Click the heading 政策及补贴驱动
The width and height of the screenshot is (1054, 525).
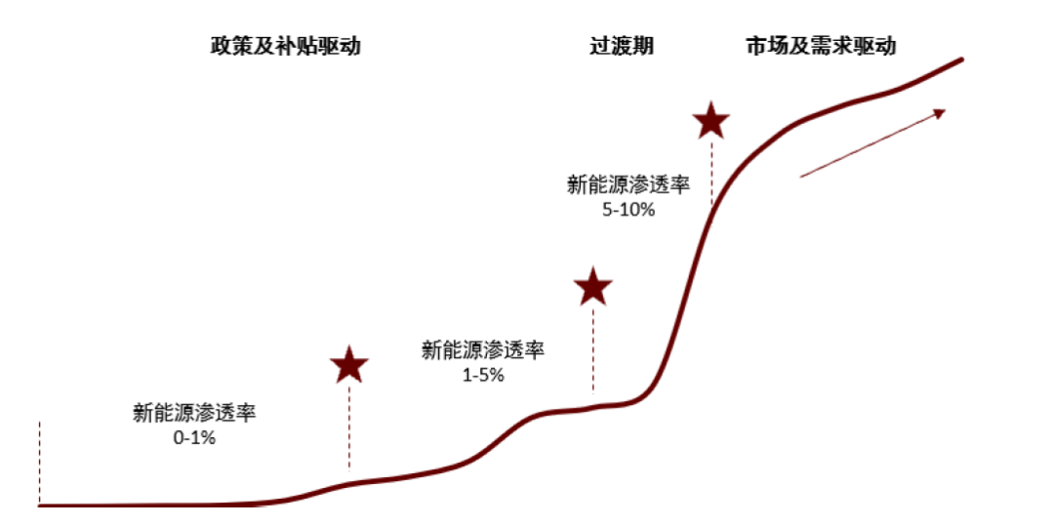[285, 46]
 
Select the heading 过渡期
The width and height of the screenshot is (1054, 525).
[621, 46]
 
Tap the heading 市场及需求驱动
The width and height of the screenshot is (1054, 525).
[820, 46]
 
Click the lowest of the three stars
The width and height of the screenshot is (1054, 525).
[349, 365]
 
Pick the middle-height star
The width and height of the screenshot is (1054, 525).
[592, 287]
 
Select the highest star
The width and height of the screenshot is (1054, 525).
[711, 121]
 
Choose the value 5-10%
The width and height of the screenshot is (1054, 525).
[628, 209]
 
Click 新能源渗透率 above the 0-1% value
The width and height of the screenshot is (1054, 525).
[194, 413]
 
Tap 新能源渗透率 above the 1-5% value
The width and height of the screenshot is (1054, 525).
[483, 350]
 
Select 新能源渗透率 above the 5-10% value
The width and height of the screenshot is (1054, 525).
[628, 183]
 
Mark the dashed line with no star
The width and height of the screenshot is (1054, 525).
[40, 464]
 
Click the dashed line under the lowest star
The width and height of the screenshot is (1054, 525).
[349, 429]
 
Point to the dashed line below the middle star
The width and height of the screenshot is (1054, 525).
[592, 351]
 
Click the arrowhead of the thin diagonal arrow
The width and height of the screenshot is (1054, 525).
[942, 112]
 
